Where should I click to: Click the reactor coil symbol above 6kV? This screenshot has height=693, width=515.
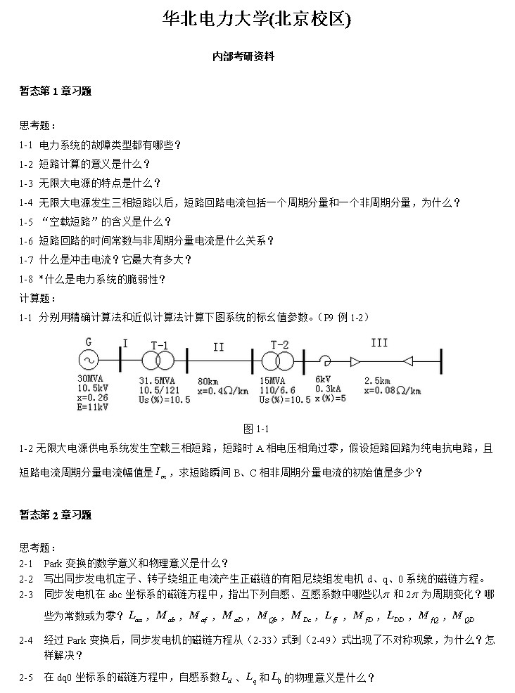pos(324,361)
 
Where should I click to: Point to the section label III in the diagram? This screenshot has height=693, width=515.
pos(379,343)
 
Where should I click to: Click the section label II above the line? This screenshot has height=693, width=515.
pos(218,346)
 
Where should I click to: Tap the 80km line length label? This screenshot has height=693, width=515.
pos(208,380)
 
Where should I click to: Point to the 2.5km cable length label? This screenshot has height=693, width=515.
pos(378,380)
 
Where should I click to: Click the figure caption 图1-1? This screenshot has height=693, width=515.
pos(257,429)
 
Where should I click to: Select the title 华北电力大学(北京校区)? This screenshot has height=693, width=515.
pos(257,20)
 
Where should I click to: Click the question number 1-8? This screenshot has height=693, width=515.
pos(27,279)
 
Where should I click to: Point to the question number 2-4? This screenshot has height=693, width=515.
pos(27,640)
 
